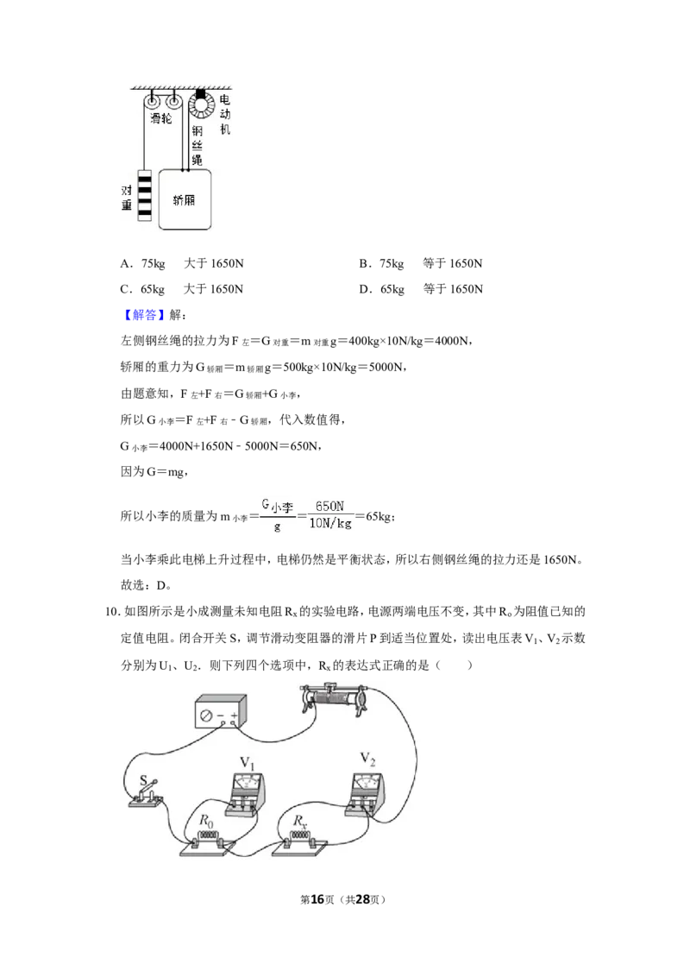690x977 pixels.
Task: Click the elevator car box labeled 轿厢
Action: click(185, 200)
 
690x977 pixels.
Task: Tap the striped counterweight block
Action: click(145, 195)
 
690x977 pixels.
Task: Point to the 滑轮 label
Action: click(160, 118)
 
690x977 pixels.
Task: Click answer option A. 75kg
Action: click(142, 263)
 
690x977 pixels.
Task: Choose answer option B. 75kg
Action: click(381, 263)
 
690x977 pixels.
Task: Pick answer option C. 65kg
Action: click(142, 289)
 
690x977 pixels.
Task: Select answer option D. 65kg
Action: click(382, 289)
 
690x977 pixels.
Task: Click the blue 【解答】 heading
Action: click(144, 315)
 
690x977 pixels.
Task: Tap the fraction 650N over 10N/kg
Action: click(330, 514)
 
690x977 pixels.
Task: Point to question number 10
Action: click(112, 612)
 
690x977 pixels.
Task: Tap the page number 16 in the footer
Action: click(317, 899)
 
